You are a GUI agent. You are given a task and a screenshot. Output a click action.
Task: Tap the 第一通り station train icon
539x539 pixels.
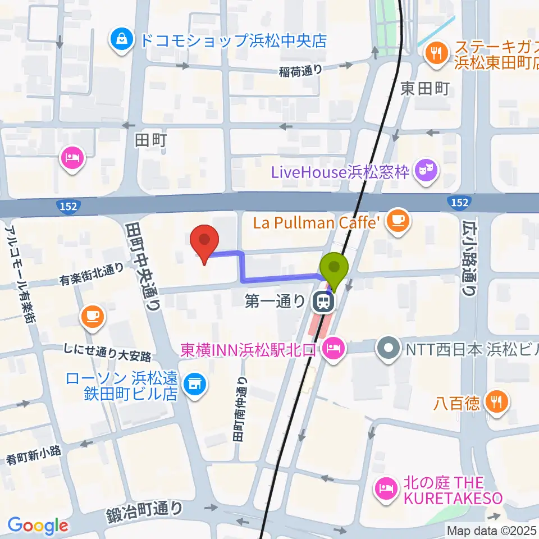(x=323, y=303)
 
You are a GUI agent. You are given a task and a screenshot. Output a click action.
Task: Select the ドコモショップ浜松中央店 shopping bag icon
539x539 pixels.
(x=121, y=40)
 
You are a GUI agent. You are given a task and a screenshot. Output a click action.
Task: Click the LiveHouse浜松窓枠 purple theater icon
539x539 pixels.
(x=426, y=171)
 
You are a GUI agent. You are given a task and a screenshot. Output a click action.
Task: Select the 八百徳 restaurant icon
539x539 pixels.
(x=496, y=403)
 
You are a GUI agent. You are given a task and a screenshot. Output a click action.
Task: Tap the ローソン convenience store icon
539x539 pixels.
(x=195, y=385)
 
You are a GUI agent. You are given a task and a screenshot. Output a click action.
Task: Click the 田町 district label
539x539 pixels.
(x=150, y=140)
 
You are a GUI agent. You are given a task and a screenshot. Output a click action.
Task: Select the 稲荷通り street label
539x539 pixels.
(x=301, y=71)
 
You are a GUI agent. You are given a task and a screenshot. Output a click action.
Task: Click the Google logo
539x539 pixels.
(x=38, y=525)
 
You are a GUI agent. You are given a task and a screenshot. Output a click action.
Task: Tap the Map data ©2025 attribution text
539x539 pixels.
(x=491, y=530)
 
